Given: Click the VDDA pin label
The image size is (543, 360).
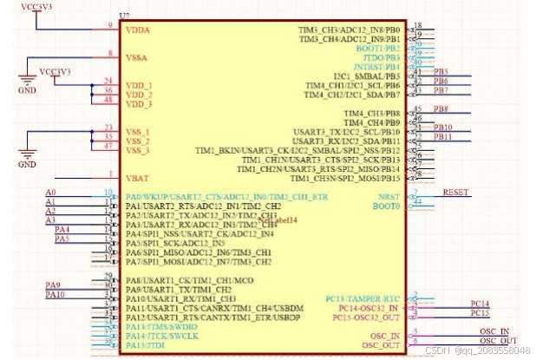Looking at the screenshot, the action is click(x=138, y=29).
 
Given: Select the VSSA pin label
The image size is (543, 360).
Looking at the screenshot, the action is click(x=138, y=57).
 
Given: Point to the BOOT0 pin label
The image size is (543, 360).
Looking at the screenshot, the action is click(x=386, y=206).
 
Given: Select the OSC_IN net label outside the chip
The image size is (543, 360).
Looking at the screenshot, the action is click(x=494, y=331).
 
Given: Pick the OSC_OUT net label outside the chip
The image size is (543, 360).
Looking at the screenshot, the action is click(x=498, y=340).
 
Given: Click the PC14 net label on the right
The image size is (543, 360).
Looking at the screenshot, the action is click(x=480, y=304).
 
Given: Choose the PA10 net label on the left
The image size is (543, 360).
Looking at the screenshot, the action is click(x=55, y=295).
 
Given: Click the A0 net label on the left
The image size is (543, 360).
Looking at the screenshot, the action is click(x=50, y=192).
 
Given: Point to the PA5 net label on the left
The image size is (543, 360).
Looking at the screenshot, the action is click(x=62, y=239).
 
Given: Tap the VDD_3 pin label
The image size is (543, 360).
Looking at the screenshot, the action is click(x=139, y=104).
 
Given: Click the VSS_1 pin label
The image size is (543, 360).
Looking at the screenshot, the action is click(x=138, y=132).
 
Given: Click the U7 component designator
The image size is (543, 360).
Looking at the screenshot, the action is click(x=123, y=16).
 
